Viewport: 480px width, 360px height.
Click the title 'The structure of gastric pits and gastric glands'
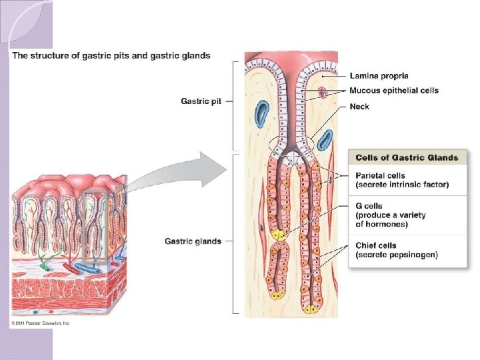111,56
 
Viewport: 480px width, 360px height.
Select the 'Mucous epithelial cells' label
394,91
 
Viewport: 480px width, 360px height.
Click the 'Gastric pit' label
201,101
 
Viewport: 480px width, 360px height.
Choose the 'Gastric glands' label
193,241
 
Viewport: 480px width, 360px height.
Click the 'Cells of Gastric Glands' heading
407,157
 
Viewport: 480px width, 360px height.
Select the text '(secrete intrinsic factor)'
402,185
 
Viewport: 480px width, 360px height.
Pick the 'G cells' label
369,207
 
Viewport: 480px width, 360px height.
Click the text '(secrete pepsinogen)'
397,255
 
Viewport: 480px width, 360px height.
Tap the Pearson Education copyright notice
40,323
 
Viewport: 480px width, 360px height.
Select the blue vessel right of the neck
325,140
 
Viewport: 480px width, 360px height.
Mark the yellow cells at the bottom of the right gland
311,308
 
